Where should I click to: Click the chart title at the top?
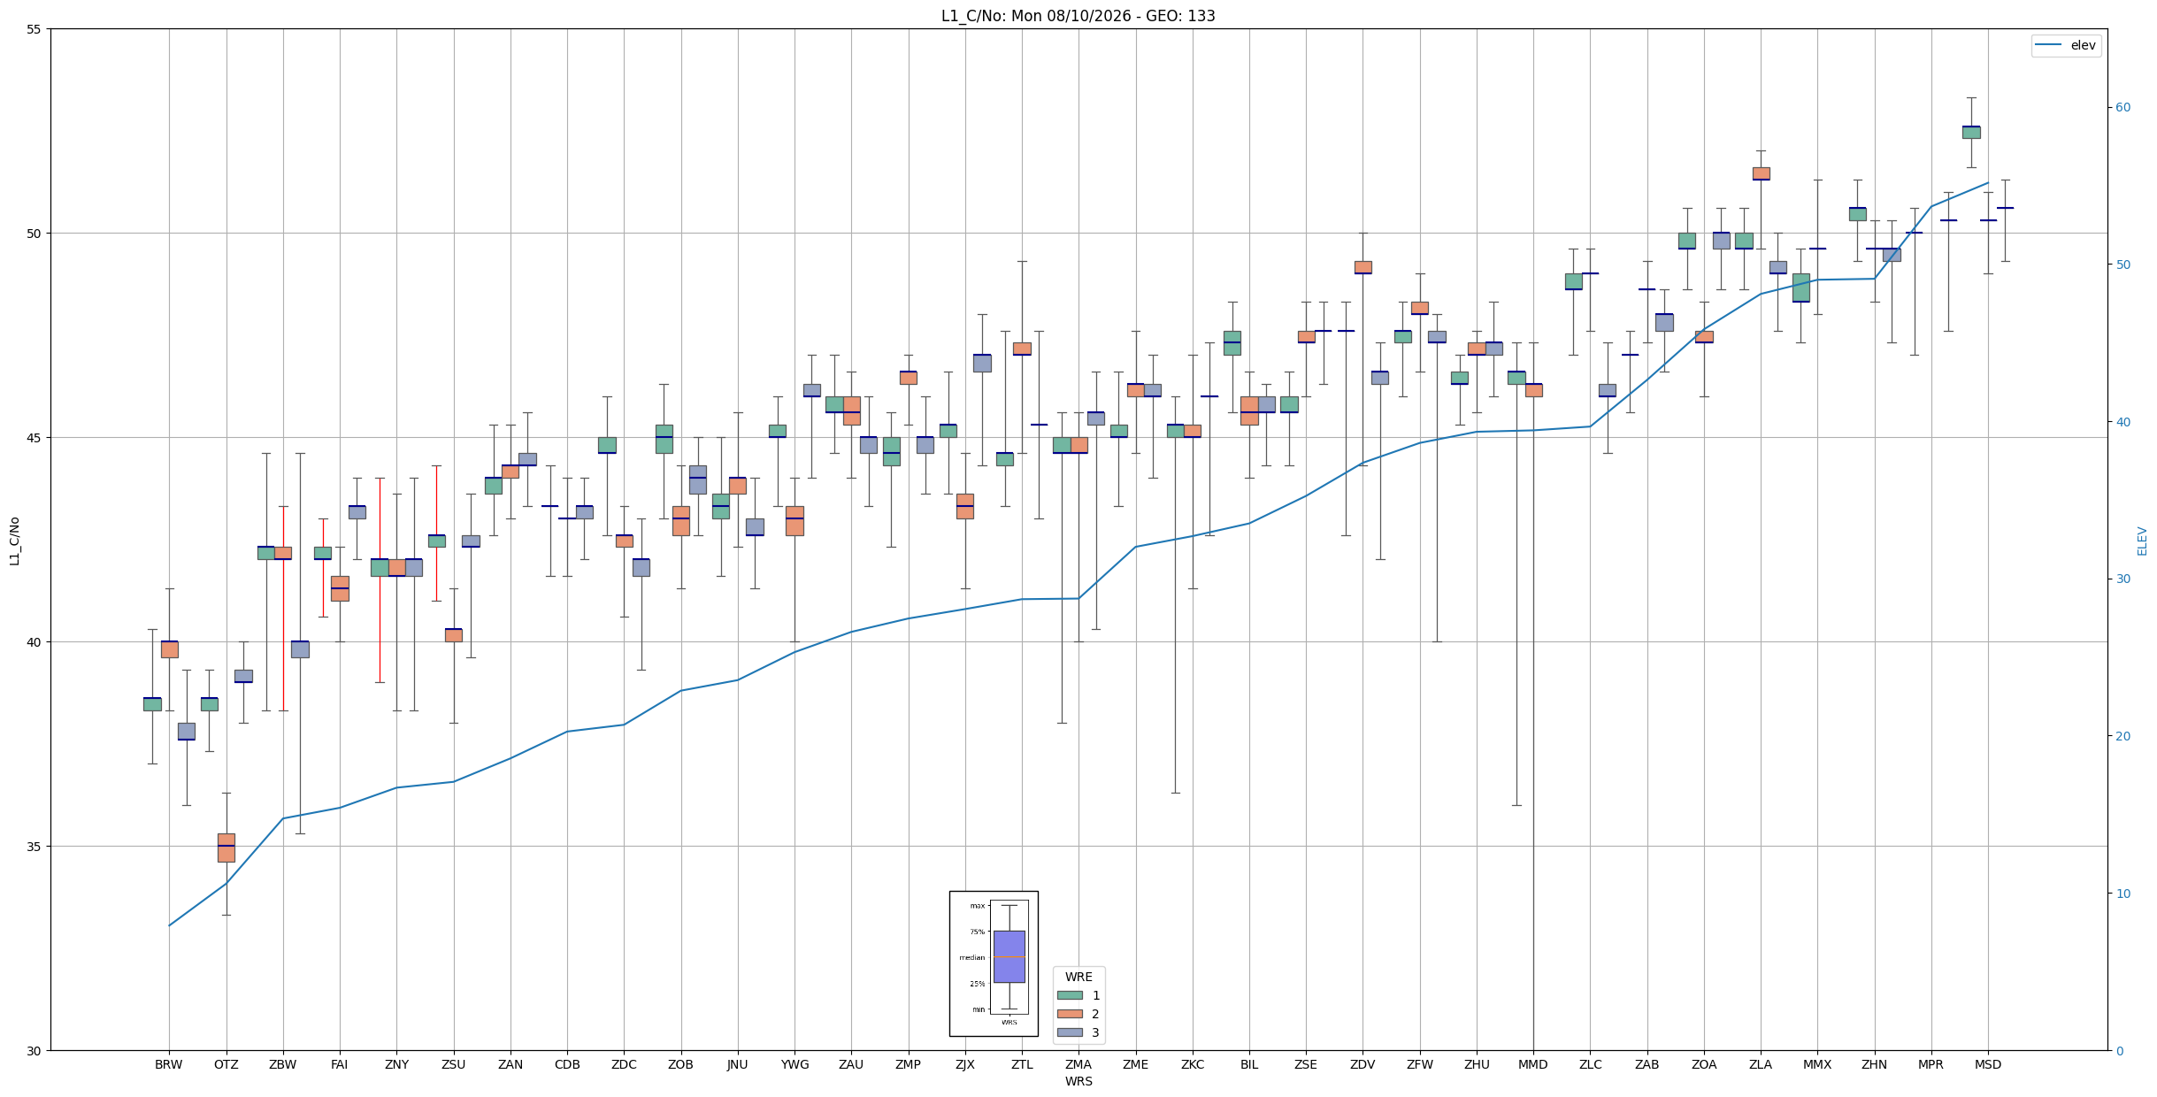(x=1078, y=16)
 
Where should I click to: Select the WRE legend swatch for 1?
(x=1070, y=995)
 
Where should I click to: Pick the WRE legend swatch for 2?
(x=1070, y=1014)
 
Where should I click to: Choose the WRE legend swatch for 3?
(x=1070, y=1032)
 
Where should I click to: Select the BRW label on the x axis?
(x=169, y=1064)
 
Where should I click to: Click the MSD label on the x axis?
(x=1988, y=1064)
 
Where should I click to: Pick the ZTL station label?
(x=1022, y=1064)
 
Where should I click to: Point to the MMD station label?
(x=1533, y=1064)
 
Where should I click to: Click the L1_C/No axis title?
(x=14, y=541)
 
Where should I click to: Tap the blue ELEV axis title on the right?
(x=2142, y=541)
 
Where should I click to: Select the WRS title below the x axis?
(x=1078, y=1081)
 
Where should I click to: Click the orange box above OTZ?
(x=226, y=848)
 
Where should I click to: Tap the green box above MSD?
(x=1971, y=132)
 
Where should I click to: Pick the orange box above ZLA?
(x=1762, y=173)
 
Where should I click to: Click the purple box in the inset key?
(x=1009, y=956)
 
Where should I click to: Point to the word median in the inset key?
(x=971, y=957)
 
